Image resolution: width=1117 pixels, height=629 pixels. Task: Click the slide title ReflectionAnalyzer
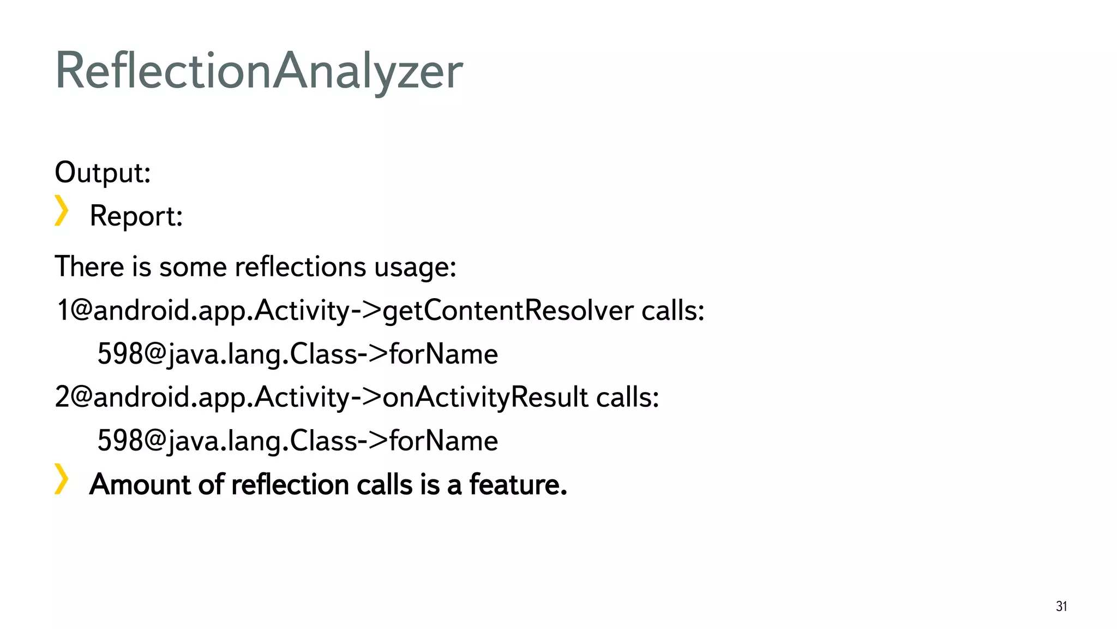point(259,71)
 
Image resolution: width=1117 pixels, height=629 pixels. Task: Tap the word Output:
point(103,173)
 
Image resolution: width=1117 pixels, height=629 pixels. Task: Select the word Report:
point(136,216)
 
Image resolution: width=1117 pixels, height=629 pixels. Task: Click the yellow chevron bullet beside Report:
point(61,211)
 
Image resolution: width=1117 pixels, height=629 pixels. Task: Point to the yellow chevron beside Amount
point(61,479)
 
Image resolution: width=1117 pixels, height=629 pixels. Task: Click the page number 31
point(1061,606)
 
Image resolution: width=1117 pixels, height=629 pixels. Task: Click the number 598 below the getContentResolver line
point(120,354)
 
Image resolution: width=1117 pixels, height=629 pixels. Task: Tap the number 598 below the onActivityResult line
point(120,441)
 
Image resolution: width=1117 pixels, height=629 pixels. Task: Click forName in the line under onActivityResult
point(443,441)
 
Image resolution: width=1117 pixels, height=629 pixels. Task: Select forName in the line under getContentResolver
point(443,354)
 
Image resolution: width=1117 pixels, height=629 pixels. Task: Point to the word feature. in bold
point(518,485)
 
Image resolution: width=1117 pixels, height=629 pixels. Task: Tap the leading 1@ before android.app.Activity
point(74,311)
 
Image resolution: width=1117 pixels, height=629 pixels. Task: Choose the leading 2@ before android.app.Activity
point(74,397)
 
